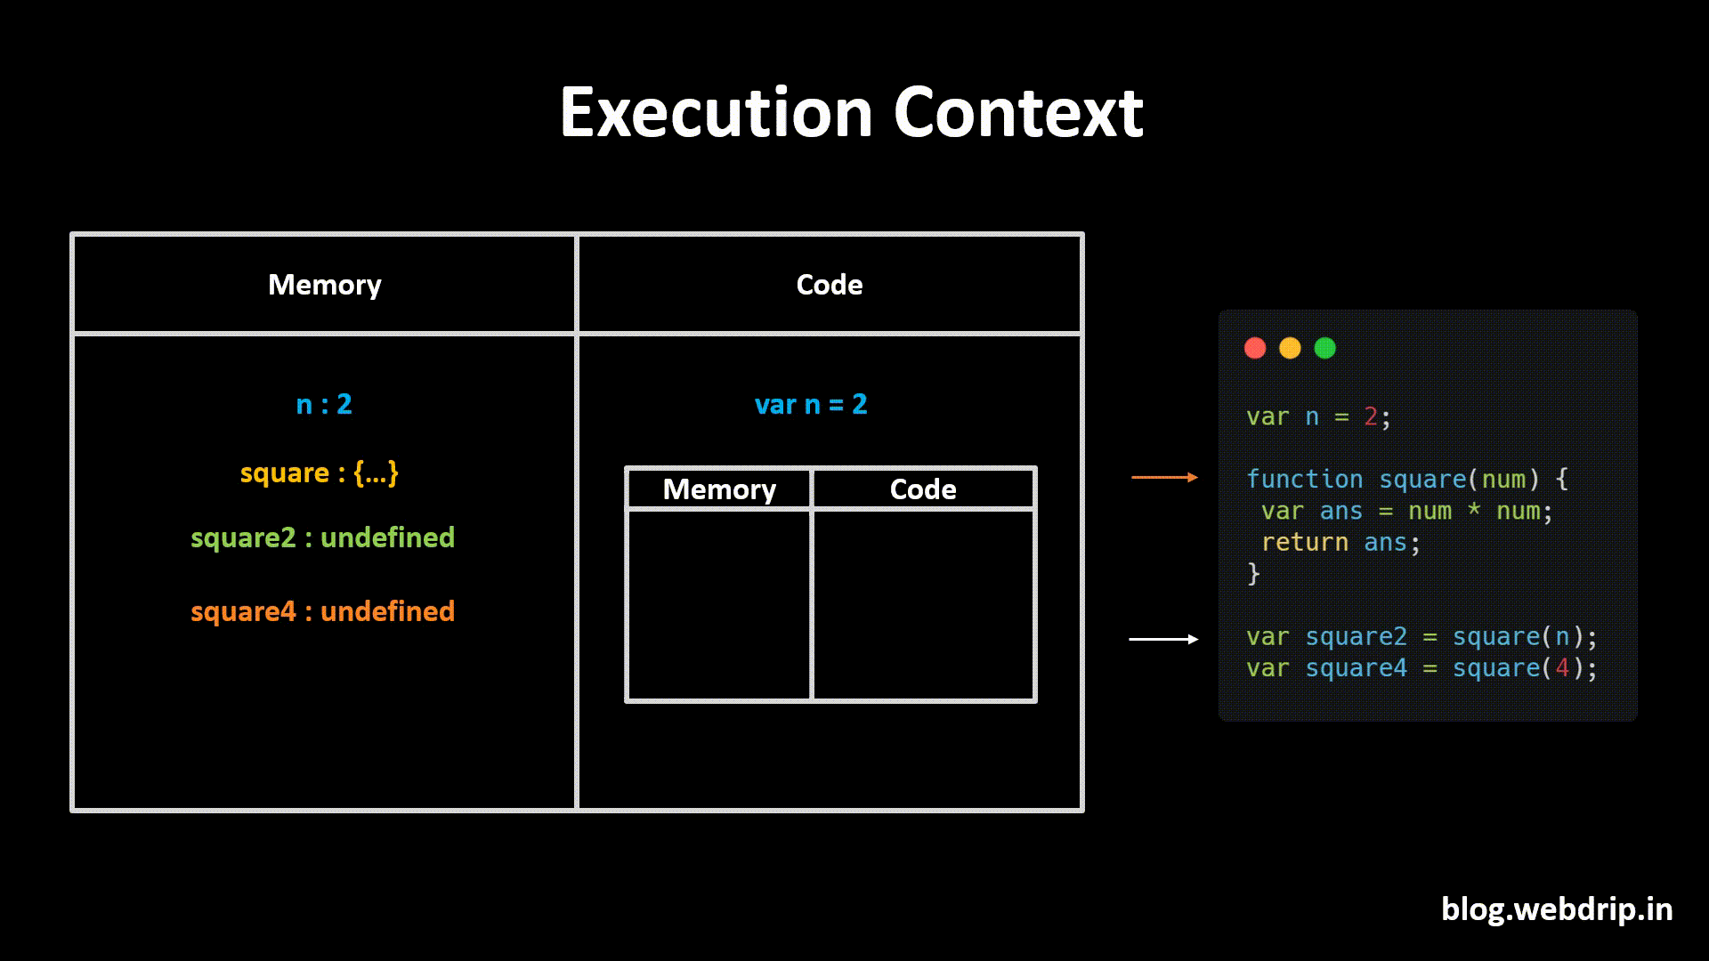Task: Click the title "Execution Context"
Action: [851, 113]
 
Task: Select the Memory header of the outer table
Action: [324, 285]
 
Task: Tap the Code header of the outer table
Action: [829, 285]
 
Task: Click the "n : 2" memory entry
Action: [324, 405]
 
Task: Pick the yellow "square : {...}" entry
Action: [319, 472]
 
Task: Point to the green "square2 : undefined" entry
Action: [322, 537]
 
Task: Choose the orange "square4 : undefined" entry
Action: [322, 611]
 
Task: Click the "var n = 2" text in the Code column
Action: [810, 405]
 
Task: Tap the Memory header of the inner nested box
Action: [719, 489]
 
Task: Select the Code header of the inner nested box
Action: [923, 489]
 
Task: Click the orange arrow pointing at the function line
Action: [1164, 478]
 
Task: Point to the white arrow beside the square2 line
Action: [1163, 639]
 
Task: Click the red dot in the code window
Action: [1255, 348]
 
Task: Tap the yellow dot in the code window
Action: [1290, 348]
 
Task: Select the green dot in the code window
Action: [1324, 348]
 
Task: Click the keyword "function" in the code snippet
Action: [1304, 480]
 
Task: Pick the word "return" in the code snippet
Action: [1304, 543]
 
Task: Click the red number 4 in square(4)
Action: [1562, 668]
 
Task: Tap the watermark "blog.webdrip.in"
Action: [1557, 909]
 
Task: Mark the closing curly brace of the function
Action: [1253, 574]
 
